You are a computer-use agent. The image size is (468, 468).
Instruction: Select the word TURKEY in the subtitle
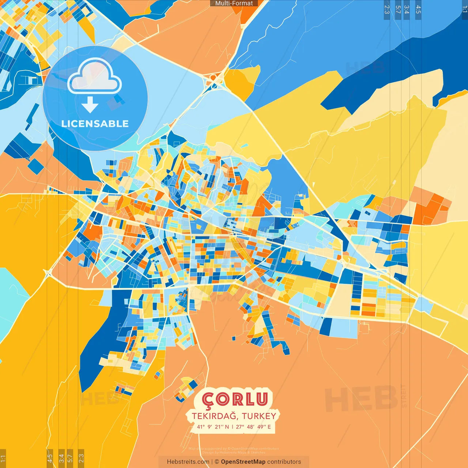(259, 416)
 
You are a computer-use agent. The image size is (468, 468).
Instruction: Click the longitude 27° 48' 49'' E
(253, 427)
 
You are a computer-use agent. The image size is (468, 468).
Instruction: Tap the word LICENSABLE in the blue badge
(95, 124)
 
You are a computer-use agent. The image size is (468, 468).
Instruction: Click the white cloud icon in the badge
(94, 77)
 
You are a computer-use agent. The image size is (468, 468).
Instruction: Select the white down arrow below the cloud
(90, 105)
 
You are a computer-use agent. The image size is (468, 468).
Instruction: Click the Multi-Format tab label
(234, 3)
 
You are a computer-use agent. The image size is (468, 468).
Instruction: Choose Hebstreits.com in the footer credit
(188, 462)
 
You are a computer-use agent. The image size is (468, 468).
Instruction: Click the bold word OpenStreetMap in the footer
(243, 462)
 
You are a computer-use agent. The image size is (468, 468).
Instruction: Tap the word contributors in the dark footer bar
(284, 462)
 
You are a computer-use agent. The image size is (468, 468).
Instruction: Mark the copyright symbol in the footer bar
(217, 462)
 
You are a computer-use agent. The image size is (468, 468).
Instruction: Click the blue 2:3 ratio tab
(387, 10)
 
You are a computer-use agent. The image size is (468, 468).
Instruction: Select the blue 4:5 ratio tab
(418, 10)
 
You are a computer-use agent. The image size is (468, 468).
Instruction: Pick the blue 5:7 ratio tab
(398, 10)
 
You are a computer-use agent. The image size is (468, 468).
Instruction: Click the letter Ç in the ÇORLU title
(208, 400)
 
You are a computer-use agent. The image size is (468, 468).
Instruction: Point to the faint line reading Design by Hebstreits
(234, 452)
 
